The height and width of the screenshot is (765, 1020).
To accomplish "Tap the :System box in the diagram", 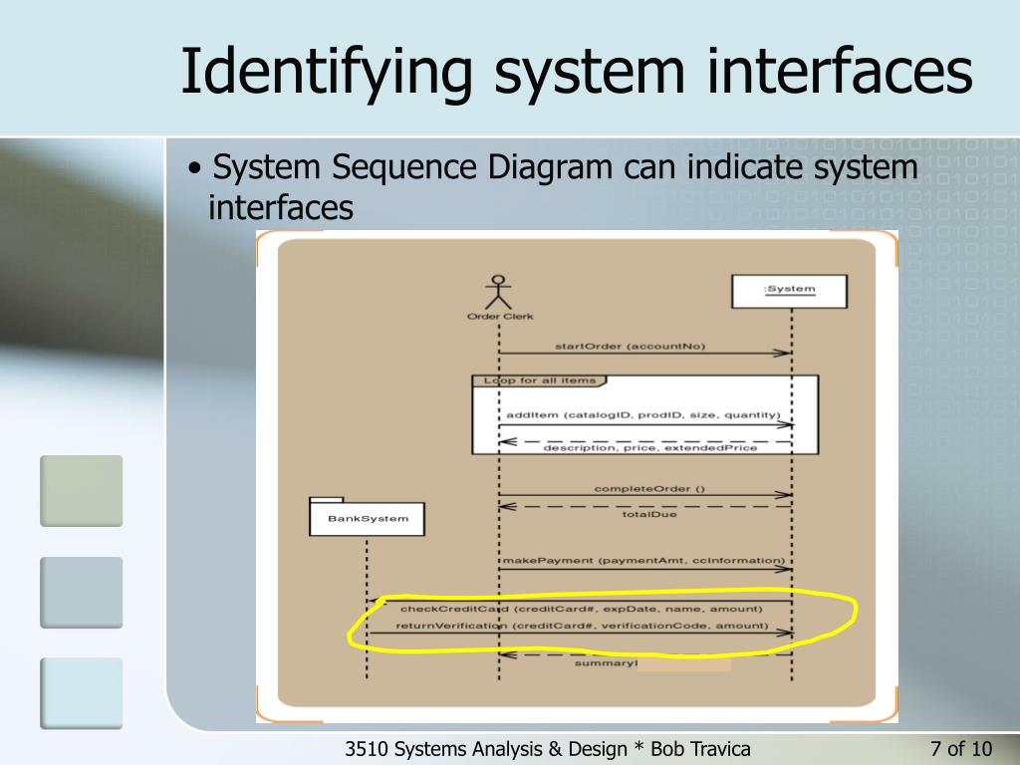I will click(789, 290).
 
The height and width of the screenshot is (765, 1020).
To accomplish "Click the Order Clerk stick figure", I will click(499, 293).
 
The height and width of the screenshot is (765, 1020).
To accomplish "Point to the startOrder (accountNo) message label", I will click(630, 346).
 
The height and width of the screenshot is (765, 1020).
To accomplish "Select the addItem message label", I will click(642, 414).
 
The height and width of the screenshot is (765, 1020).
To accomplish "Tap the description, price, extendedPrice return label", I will click(649, 448).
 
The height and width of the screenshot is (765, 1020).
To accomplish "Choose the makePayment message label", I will click(642, 561).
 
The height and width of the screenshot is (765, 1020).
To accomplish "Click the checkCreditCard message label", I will click(581, 608).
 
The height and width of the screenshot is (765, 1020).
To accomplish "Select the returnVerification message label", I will click(582, 626).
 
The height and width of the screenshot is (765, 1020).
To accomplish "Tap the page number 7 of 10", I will click(960, 749).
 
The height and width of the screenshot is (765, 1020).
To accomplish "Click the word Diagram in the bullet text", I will click(550, 167).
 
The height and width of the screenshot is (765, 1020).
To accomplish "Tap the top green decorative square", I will click(81, 490).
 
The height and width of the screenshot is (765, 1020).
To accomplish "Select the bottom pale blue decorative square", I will click(81, 692).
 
